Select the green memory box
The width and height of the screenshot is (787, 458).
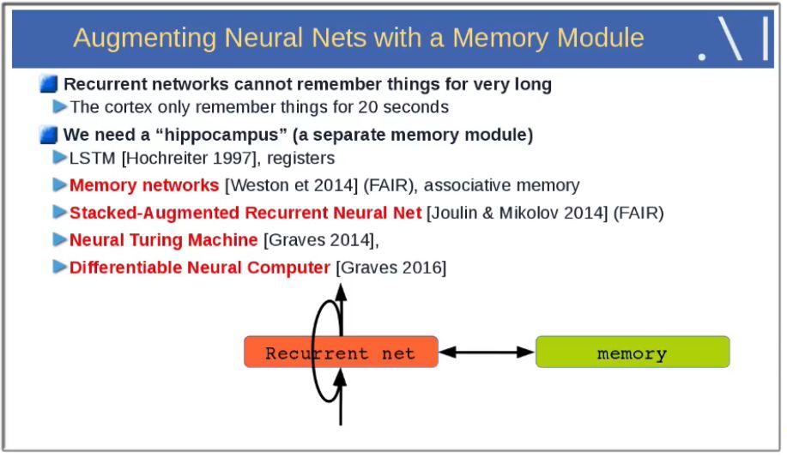tap(632, 353)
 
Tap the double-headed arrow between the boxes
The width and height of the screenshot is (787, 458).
tap(487, 352)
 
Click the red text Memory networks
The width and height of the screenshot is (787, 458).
tap(144, 185)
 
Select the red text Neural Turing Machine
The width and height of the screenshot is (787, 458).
tap(163, 240)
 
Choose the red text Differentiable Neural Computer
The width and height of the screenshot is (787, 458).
tap(199, 268)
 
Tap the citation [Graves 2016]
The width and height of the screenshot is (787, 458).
tap(391, 268)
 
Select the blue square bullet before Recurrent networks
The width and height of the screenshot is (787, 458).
tap(49, 84)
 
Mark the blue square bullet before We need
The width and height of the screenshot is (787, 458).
tap(49, 136)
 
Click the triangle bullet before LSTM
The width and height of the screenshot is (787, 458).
tap(59, 158)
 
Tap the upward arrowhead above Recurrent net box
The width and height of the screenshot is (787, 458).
tap(341, 291)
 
